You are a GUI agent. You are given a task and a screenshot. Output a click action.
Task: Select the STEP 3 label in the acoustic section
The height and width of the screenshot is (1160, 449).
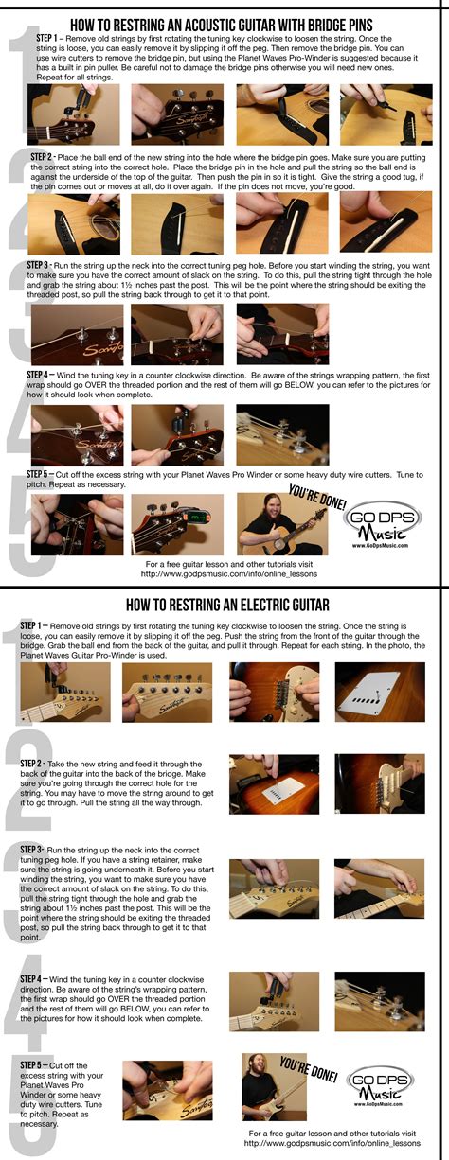click(x=43, y=267)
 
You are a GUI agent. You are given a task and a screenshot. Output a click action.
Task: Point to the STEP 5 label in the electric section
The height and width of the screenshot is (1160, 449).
click(x=37, y=1065)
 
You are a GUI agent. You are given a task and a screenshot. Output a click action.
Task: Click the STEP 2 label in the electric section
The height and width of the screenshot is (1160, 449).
click(x=37, y=762)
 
